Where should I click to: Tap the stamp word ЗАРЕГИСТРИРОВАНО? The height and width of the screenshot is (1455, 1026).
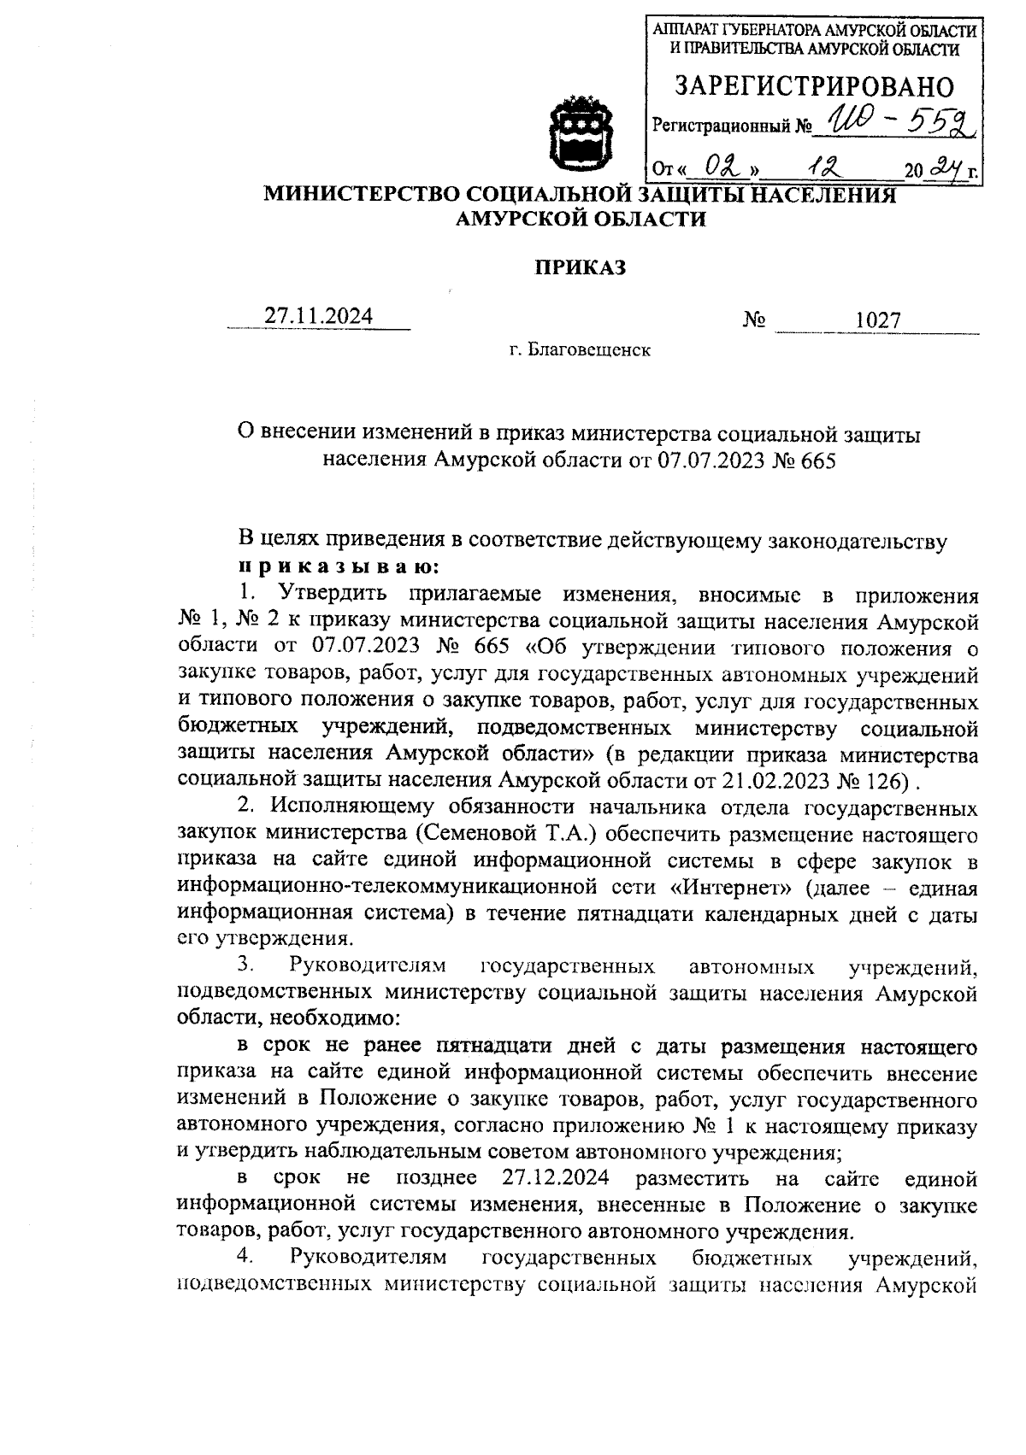point(814,86)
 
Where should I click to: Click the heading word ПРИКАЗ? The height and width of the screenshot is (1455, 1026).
point(581,267)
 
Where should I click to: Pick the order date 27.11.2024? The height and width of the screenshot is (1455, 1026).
point(318,317)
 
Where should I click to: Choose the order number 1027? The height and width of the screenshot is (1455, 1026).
point(878,320)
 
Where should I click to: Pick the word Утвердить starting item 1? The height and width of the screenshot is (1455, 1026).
point(330,591)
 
